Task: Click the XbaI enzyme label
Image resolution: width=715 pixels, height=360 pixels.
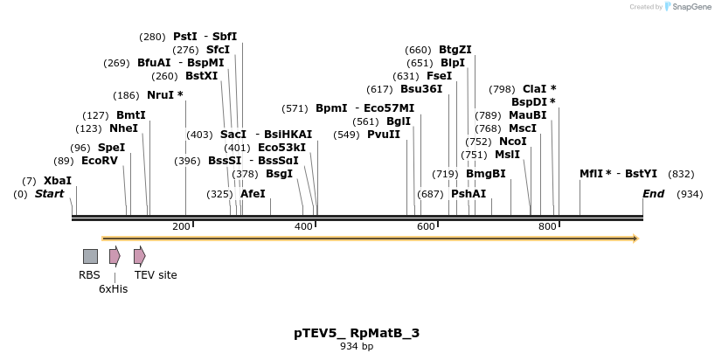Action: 58,181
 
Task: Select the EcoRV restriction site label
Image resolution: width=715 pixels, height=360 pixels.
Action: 99,161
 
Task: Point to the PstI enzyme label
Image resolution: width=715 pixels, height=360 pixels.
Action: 185,37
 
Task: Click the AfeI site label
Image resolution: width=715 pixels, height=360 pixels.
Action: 253,194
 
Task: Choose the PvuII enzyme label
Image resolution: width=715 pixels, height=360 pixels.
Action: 384,135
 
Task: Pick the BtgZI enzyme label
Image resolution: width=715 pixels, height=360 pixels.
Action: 455,50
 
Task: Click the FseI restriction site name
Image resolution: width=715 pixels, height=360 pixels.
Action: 440,76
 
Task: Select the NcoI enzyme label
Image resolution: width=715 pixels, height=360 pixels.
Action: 513,142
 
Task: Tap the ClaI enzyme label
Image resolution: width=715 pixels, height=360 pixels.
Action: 534,89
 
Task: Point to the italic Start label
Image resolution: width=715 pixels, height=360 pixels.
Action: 49,194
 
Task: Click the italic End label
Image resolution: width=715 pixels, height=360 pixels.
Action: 653,194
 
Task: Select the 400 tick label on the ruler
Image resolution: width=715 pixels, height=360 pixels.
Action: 302,227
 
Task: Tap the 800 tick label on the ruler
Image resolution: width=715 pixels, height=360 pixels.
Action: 547,227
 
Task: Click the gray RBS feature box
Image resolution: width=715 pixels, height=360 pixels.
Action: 90,256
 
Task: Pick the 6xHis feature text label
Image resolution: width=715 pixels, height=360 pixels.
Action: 113,288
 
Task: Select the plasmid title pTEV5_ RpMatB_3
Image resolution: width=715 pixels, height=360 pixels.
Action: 357,333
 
